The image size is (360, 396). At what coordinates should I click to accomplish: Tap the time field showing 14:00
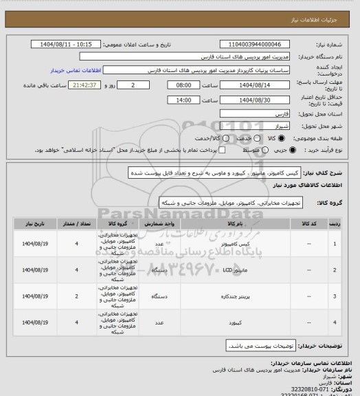[183, 100]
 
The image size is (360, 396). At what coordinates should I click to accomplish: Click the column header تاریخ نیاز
[34, 224]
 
